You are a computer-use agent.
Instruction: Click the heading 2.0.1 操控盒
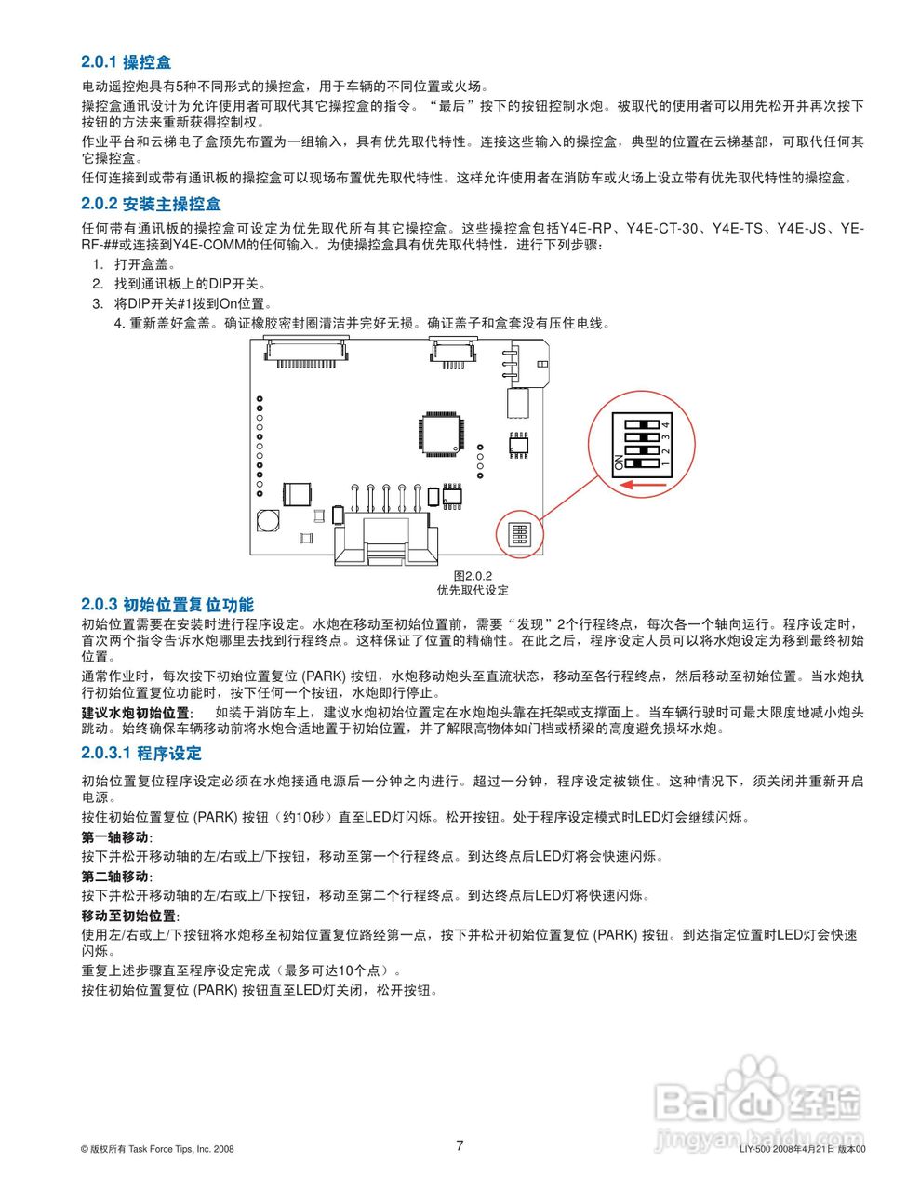coord(126,62)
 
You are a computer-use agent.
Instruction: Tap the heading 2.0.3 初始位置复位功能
coord(167,605)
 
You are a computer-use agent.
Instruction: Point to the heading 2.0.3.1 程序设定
coord(140,753)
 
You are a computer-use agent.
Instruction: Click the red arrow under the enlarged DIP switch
coord(641,484)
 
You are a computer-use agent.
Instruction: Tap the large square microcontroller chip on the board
coord(438,433)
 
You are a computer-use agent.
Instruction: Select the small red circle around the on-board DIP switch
coord(519,534)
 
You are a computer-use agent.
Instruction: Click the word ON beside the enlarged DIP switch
coord(619,462)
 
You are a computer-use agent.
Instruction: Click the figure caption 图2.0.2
coord(473,576)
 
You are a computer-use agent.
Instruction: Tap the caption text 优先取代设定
coord(473,590)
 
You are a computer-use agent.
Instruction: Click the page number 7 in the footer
coord(460,1145)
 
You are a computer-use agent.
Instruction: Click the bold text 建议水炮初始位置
coord(136,712)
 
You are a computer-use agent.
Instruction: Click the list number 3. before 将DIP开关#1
coord(97,303)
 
